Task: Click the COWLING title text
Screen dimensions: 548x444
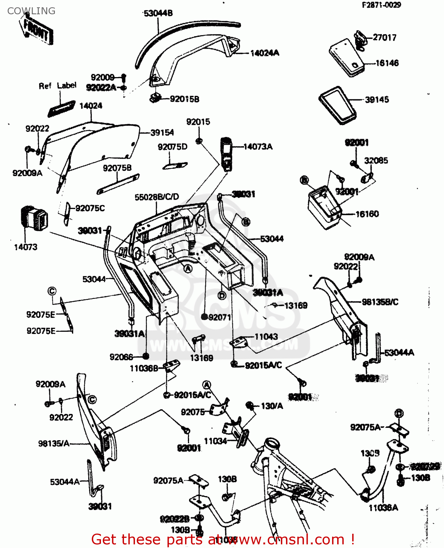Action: pyautogui.click(x=31, y=11)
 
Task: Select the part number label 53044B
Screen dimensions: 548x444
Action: pyautogui.click(x=158, y=14)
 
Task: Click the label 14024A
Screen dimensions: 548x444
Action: pyautogui.click(x=264, y=53)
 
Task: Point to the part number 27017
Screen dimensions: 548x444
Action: pyautogui.click(x=384, y=37)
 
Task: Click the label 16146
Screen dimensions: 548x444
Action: pyautogui.click(x=387, y=63)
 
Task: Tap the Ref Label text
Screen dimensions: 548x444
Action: pyautogui.click(x=57, y=86)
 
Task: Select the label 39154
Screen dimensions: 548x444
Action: pyautogui.click(x=162, y=133)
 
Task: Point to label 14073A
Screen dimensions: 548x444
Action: pyautogui.click(x=258, y=147)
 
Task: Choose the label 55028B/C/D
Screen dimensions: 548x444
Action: pyautogui.click(x=157, y=197)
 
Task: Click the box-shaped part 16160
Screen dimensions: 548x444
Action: pyautogui.click(x=324, y=207)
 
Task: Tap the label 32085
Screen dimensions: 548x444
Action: pyautogui.click(x=376, y=161)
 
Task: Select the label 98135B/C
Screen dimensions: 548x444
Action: pyautogui.click(x=380, y=302)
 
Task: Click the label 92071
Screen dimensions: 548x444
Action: pyautogui.click(x=219, y=317)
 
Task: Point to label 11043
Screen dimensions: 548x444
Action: pyautogui.click(x=266, y=337)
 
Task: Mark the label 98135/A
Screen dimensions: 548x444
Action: pyautogui.click(x=54, y=444)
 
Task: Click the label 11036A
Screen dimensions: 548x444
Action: pyautogui.click(x=383, y=507)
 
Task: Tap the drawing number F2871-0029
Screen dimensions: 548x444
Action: pyautogui.click(x=381, y=5)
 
